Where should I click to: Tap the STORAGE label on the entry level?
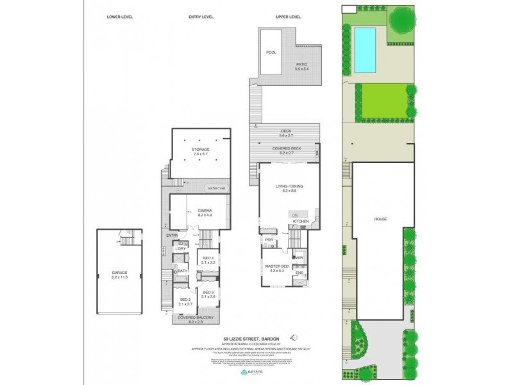[201, 150]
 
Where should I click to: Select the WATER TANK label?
[217, 188]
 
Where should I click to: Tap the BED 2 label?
[184, 300]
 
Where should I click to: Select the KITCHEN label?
[301, 221]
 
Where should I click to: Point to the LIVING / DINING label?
[289, 187]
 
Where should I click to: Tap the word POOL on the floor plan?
[271, 52]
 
